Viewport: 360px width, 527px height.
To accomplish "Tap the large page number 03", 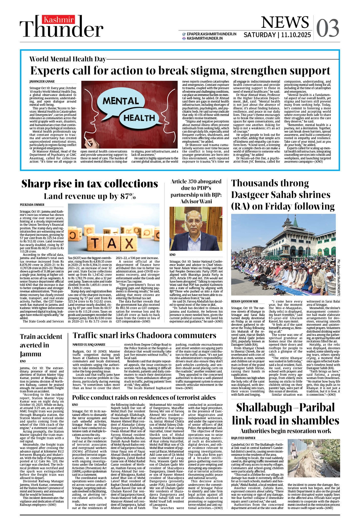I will (327, 28).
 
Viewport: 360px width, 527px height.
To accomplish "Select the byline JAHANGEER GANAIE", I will (42, 82).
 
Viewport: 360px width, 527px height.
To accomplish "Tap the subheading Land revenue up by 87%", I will (90, 196).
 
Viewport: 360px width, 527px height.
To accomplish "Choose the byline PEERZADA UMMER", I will (32, 205).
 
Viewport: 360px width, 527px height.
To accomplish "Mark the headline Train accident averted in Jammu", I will (41, 345).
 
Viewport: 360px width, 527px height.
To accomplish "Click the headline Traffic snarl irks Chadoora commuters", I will (144, 335).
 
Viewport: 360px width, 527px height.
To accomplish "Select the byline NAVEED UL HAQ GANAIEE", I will (89, 344).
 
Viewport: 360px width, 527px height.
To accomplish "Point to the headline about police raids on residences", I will (144, 397).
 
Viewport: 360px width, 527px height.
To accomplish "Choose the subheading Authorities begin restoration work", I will (285, 431).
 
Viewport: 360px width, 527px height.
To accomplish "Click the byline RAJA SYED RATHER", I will (243, 438).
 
